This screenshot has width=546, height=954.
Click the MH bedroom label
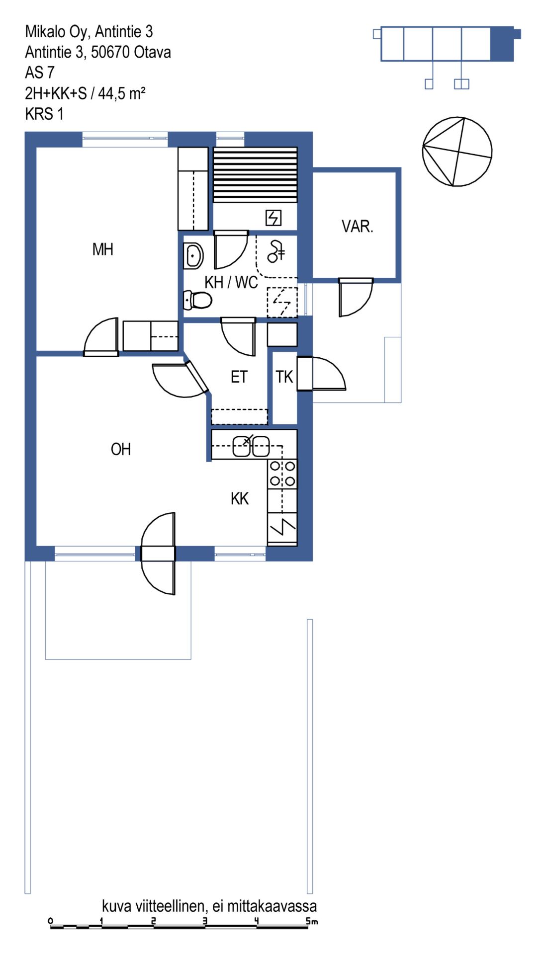103,249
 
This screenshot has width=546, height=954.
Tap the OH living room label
121,449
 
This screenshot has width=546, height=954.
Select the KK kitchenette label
240,498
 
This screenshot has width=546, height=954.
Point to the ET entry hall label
239,377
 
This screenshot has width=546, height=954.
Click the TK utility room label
284,377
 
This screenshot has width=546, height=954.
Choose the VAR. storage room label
357,227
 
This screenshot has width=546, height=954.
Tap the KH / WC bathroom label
231,282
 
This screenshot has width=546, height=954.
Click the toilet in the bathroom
197,300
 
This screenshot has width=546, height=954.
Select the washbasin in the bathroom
193,255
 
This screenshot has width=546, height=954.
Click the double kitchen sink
252,446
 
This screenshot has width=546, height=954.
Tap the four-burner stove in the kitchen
282,474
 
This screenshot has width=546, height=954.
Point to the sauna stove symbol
273,218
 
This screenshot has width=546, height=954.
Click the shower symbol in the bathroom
276,251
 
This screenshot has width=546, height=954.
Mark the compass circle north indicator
457,152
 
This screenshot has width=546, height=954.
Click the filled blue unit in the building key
502,44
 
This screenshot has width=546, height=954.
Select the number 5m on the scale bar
312,921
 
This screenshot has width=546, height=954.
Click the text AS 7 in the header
39,73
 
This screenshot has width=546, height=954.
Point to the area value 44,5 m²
122,93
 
